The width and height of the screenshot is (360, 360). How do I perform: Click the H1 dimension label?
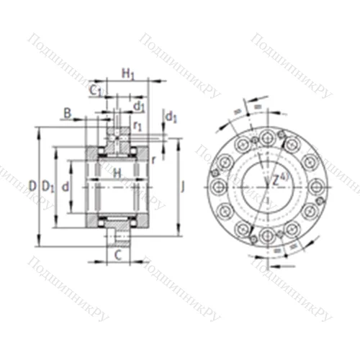[x=127, y=73]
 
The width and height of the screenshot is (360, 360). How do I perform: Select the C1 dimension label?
[x=95, y=90]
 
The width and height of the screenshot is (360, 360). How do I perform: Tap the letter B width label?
[x=67, y=113]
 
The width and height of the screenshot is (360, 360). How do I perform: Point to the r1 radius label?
[x=138, y=127]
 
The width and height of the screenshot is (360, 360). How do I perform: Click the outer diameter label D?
[x=32, y=186]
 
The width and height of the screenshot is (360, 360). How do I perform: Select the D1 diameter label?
[x=48, y=186]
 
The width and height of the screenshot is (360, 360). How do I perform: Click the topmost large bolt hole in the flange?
[x=267, y=136]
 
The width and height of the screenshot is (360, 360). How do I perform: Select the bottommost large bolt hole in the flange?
[x=267, y=236]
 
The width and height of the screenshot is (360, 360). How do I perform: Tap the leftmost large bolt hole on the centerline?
[x=217, y=186]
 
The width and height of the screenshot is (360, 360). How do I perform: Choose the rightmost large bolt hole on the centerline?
[x=318, y=186]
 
